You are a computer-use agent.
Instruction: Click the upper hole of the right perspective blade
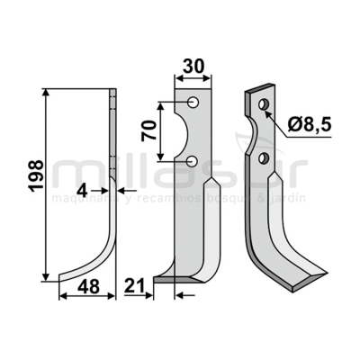263,106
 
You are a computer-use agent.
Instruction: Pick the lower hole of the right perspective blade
263,158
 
